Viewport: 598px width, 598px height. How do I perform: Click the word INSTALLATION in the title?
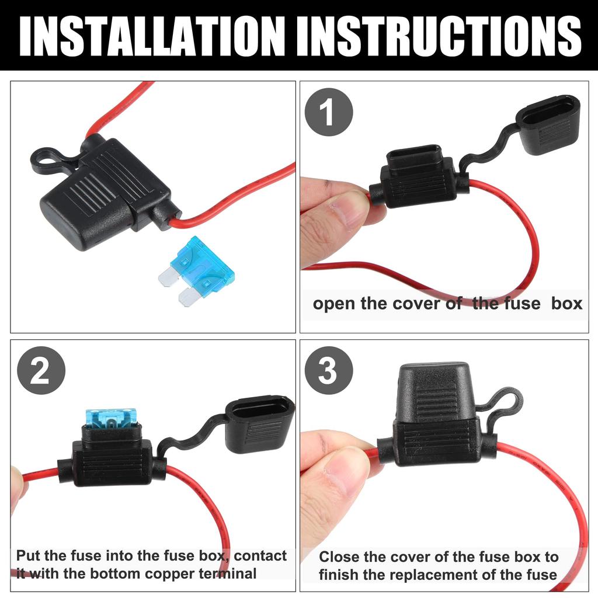(152, 37)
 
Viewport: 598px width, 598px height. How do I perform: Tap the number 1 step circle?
(329, 112)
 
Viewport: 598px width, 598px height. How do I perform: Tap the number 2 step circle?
(41, 370)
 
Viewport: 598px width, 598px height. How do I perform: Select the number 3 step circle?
(329, 370)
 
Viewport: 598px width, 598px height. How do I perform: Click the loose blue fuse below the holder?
(196, 271)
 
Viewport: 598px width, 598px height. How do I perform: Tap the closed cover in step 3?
(435, 393)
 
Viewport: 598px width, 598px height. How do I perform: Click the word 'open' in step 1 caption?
(334, 304)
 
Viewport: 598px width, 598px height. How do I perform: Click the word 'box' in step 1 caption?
(566, 304)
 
